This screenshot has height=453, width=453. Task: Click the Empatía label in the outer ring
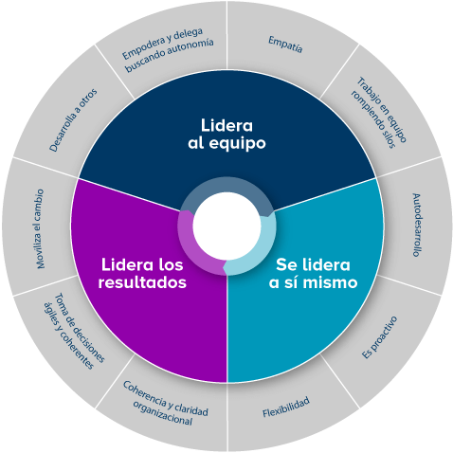click(285, 45)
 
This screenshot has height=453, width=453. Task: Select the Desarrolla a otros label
click(73, 120)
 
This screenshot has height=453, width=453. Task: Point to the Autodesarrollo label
click(417, 225)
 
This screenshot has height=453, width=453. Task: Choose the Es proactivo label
click(379, 337)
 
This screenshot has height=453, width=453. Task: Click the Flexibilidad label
click(286, 407)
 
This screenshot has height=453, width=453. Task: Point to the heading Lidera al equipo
click(226, 134)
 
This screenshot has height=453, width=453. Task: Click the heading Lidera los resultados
click(142, 274)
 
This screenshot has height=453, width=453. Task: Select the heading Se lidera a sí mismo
click(313, 274)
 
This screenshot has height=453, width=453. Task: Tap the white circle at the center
click(226, 226)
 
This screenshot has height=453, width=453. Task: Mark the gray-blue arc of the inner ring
click(226, 185)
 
